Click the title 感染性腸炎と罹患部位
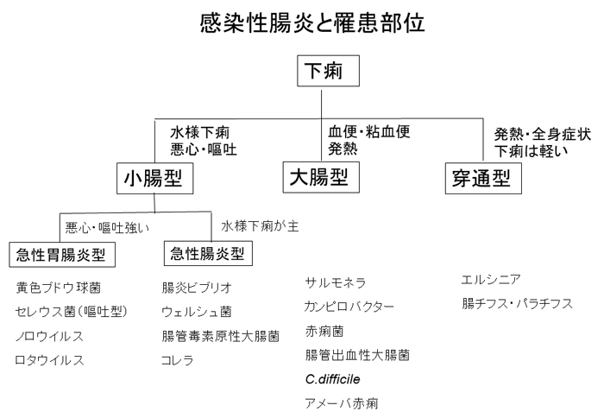[311, 22]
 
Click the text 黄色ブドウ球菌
[57, 287]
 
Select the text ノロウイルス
[48, 335]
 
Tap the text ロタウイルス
[48, 359]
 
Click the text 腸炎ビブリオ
[197, 287]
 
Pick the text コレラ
[177, 359]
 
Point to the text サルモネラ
[336, 282]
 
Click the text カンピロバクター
[349, 307]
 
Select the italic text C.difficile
[332, 379]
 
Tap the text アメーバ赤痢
[342, 402]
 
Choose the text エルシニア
[492, 279]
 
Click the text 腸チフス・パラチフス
[518, 304]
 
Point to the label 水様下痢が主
[260, 226]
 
